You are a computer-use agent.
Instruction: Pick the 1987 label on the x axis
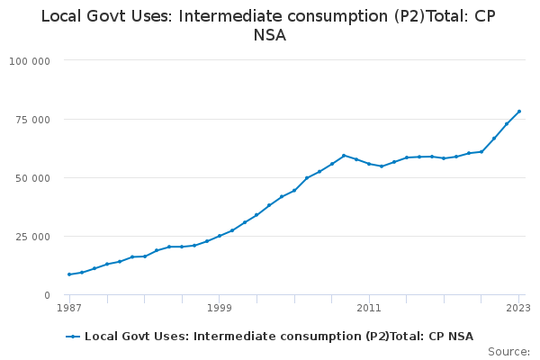69,308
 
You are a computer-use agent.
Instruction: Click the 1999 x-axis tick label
220,308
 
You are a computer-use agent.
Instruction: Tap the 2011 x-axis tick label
369,308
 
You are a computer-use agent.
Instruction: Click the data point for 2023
519,112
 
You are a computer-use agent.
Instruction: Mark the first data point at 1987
69,274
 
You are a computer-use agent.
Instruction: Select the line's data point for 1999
220,236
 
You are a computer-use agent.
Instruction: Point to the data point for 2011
369,164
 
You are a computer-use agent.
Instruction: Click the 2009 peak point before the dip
344,155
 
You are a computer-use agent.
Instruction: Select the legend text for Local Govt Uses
279,337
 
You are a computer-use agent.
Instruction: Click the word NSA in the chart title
270,36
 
